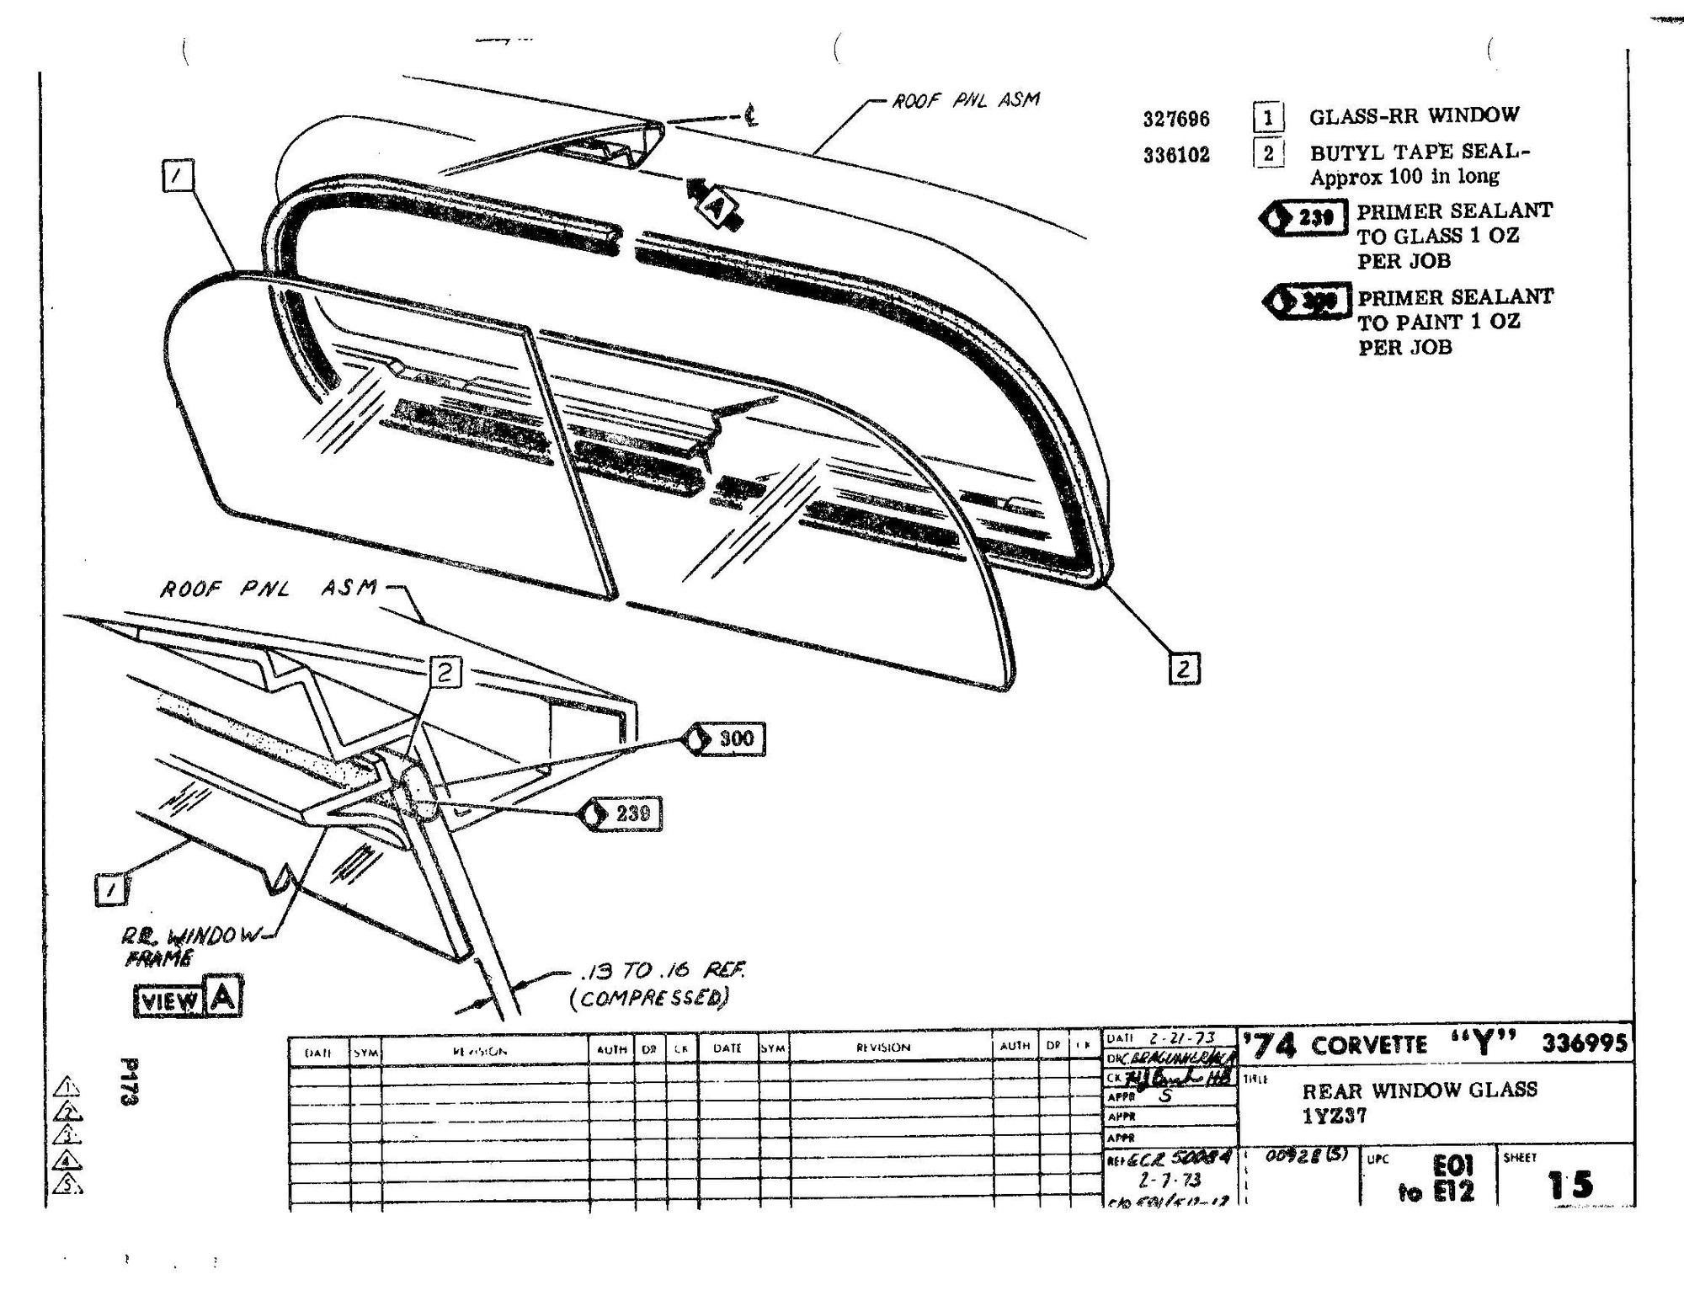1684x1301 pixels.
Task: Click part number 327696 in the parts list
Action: (1175, 119)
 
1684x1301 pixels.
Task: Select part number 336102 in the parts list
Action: (1175, 155)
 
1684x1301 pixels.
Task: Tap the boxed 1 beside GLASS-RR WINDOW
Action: (1267, 117)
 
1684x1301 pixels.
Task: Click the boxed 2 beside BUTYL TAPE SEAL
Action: (1267, 153)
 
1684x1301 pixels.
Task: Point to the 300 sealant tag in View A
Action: (727, 739)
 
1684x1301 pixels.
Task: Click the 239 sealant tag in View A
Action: (621, 813)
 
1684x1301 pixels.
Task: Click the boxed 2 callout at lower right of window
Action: (1184, 669)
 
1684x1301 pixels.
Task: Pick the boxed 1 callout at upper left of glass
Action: (178, 177)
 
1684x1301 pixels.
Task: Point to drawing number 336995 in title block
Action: (1584, 1043)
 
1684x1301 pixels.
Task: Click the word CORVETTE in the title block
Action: (1368, 1046)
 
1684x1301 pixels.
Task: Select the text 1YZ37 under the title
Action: (1335, 1117)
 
